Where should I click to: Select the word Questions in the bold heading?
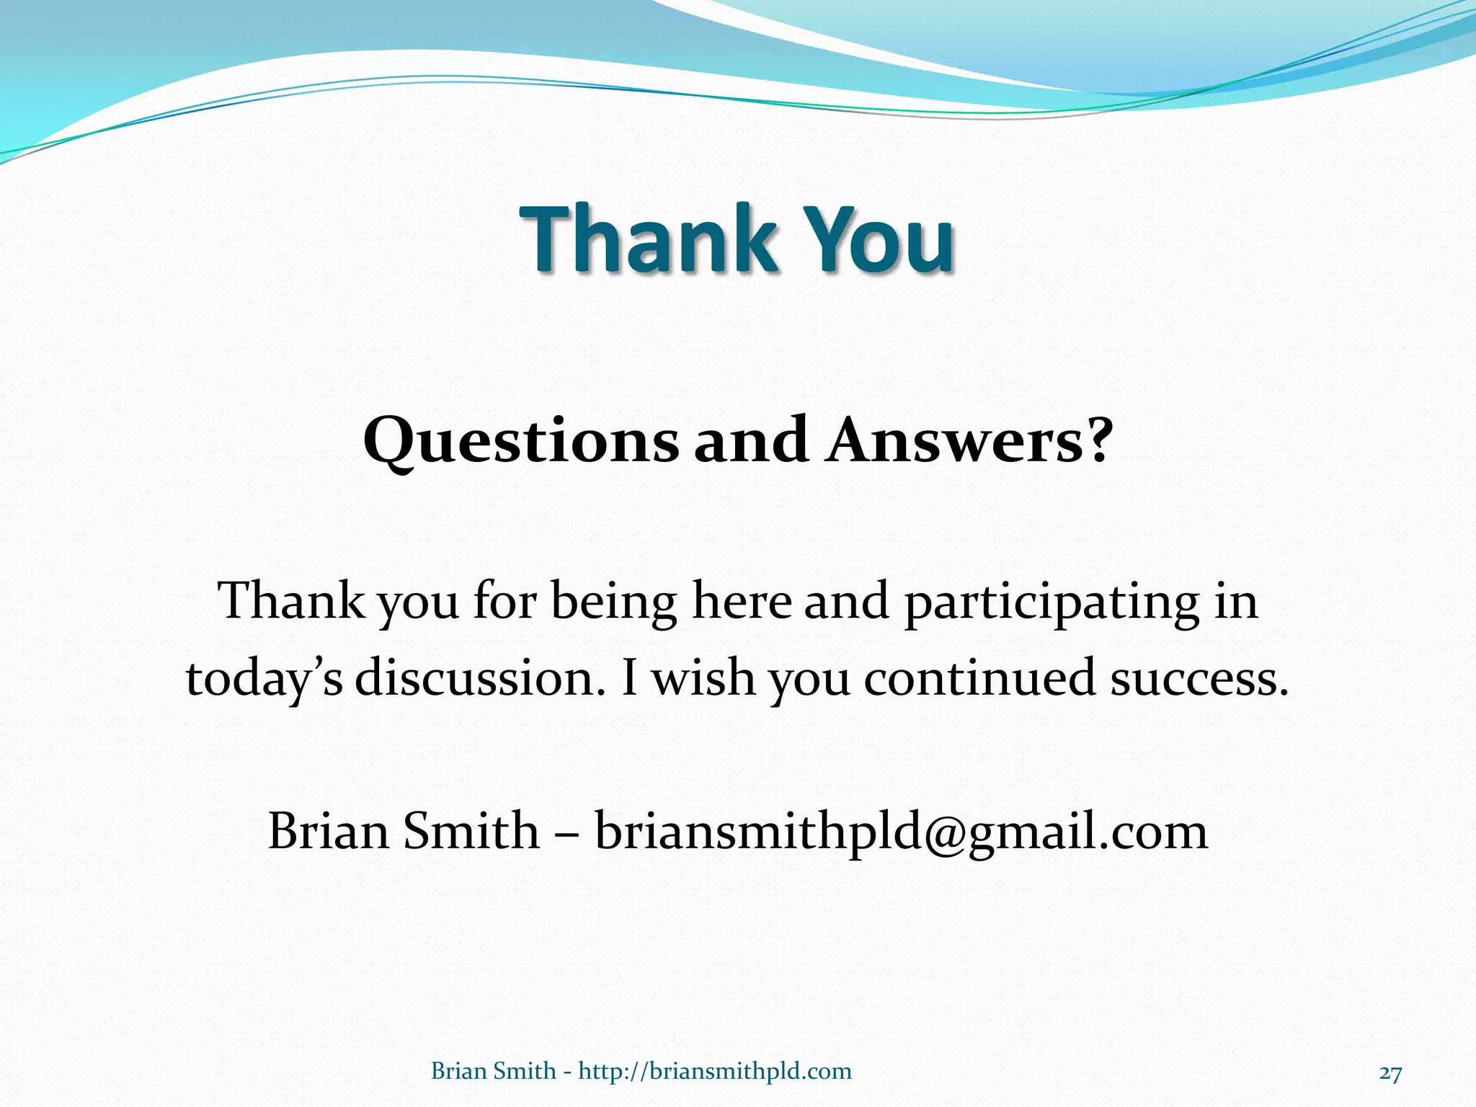pos(520,441)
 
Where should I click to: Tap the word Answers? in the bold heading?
pos(970,441)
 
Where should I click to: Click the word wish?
pos(703,679)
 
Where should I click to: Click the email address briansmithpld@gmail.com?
pos(901,832)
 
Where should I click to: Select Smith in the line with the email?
pos(471,832)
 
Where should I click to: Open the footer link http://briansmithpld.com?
pos(715,1072)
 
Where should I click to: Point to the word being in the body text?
pos(613,603)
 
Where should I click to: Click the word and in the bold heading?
pos(750,441)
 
